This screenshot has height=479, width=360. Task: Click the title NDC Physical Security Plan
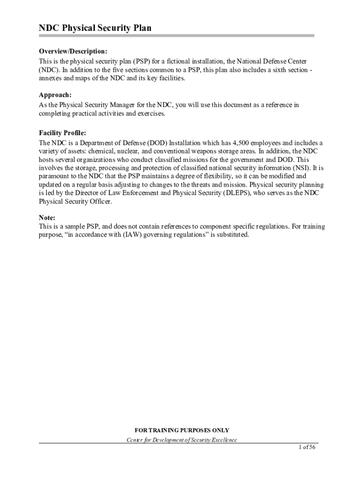(95, 29)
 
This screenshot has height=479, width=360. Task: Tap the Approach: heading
(55, 94)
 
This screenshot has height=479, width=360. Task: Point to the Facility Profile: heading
(62, 133)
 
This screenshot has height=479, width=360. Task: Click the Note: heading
(47, 218)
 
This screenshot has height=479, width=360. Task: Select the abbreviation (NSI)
(304, 168)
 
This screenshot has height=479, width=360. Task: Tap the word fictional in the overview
(179, 61)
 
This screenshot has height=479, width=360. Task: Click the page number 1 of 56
(308, 447)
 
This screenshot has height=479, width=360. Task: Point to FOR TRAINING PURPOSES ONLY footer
(182, 430)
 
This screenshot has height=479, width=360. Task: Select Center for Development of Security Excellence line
(182, 440)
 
